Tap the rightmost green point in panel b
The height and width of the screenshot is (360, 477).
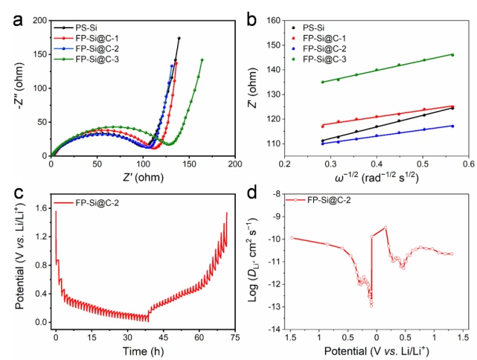[452, 54]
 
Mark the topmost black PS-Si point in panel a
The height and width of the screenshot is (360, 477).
[179, 38]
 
